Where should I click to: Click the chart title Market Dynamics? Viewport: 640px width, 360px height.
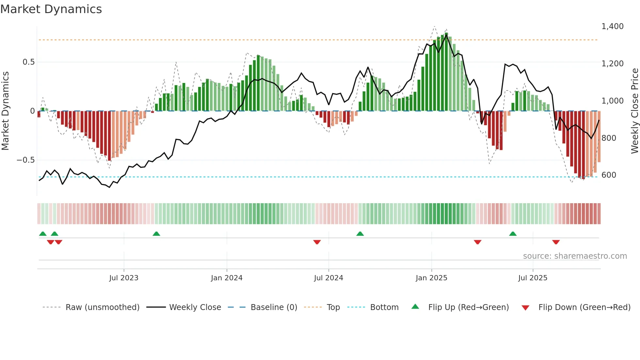point(51,9)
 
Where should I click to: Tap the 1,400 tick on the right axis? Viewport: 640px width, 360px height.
point(612,26)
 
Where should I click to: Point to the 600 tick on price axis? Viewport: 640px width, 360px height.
point(609,175)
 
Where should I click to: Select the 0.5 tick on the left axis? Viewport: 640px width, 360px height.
point(28,62)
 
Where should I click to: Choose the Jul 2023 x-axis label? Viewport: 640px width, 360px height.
point(124,278)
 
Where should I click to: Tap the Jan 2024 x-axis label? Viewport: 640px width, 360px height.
point(227,278)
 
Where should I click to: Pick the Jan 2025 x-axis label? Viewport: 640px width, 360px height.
point(431,278)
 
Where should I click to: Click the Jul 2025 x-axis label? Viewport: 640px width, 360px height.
point(533,278)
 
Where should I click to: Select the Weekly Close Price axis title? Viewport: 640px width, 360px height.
point(634,111)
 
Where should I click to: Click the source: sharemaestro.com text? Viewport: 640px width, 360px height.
point(575,256)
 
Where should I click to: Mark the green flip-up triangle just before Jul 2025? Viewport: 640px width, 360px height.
point(513,234)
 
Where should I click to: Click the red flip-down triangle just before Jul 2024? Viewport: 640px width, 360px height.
point(317,242)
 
